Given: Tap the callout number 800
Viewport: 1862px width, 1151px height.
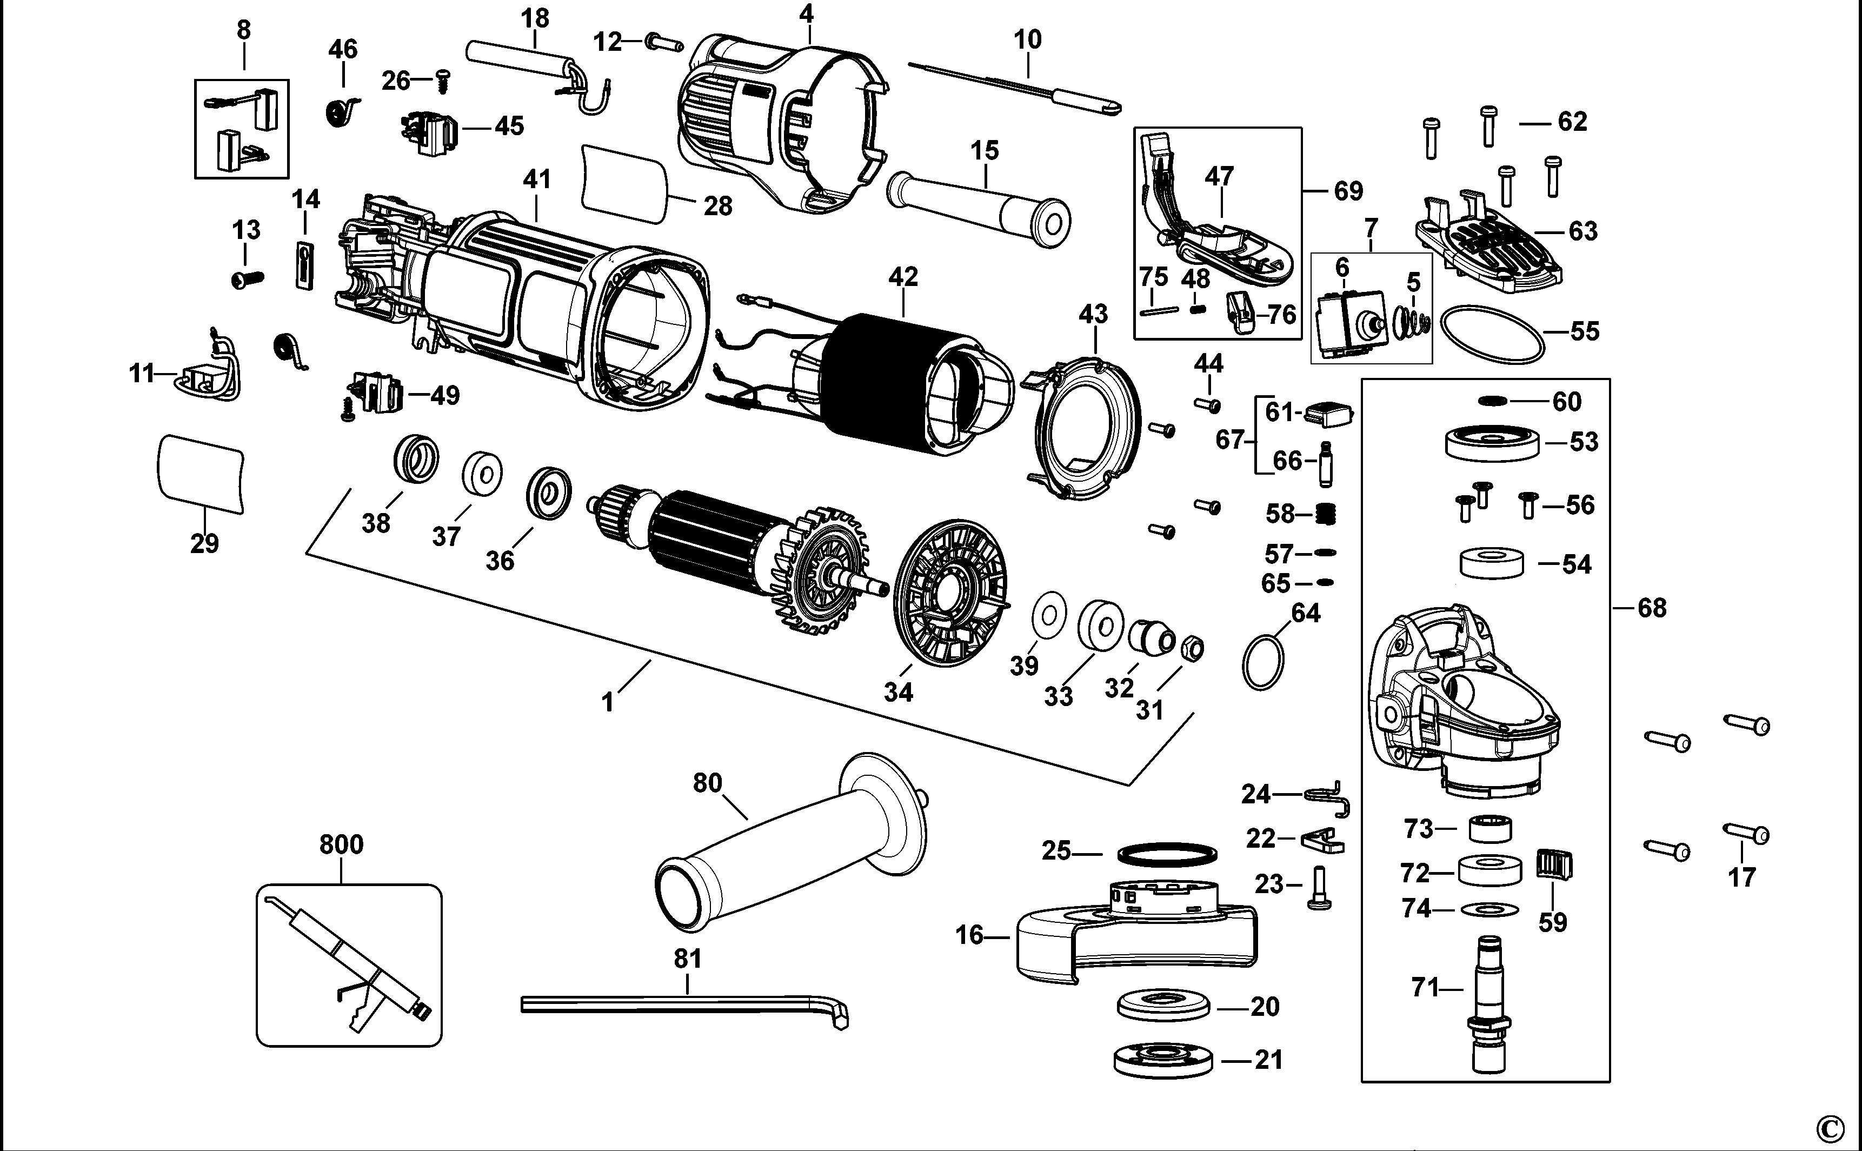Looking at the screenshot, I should click(341, 844).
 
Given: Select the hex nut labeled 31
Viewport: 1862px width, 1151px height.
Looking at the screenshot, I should click(1192, 649).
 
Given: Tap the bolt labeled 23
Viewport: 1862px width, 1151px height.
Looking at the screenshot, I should click(1320, 888).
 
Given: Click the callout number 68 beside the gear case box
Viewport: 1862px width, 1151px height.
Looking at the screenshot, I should click(1651, 608).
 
